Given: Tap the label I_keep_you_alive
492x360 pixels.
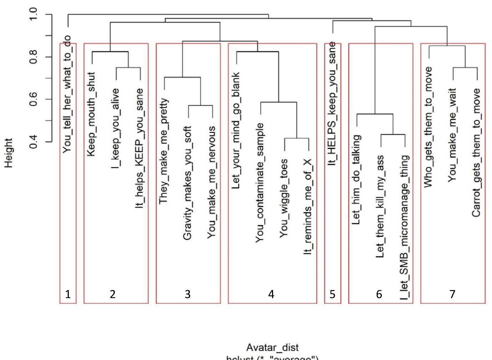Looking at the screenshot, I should pyautogui.click(x=116, y=128).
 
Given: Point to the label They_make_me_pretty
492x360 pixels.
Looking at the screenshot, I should pyautogui.click(x=163, y=151).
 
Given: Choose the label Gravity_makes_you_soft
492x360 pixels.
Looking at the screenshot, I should pyautogui.click(x=188, y=183).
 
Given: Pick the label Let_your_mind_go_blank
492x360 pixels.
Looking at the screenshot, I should pyautogui.click(x=236, y=131).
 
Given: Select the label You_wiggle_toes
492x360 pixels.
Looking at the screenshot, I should pyautogui.click(x=284, y=199).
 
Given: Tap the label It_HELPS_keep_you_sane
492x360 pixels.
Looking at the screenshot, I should pyautogui.click(x=332, y=104).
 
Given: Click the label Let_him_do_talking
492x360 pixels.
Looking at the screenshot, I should pyautogui.click(x=356, y=180).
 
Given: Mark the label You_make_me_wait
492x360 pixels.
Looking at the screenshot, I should pyautogui.click(x=452, y=135).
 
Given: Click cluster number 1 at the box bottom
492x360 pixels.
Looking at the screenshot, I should pyautogui.click(x=68, y=294).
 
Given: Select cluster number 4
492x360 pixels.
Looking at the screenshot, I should pyautogui.click(x=271, y=294).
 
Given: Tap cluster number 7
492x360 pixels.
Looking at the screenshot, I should pyautogui.click(x=452, y=294).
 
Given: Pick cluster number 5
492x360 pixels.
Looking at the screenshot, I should pyautogui.click(x=332, y=294).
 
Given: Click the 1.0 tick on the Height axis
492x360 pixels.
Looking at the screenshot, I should pyautogui.click(x=33, y=15).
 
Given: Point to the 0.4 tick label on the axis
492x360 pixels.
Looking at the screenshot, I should pyautogui.click(x=33, y=142).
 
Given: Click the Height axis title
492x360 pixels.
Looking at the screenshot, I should pyautogui.click(x=9, y=153).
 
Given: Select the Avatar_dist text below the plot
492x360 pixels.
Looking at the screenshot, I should pyautogui.click(x=272, y=348).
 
